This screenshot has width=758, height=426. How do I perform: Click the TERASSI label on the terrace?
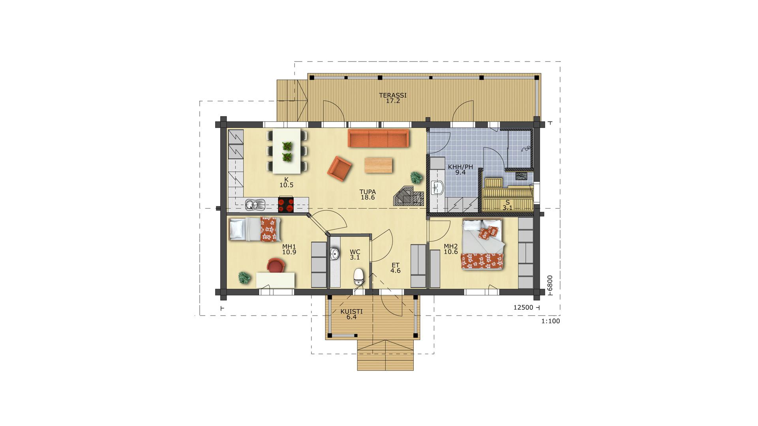point(393,95)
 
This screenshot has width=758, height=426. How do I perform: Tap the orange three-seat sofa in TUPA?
point(379,138)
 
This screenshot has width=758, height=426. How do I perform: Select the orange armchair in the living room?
point(340,168)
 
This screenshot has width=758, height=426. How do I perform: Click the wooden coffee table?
point(379,165)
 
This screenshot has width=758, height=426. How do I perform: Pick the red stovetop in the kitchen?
point(286,204)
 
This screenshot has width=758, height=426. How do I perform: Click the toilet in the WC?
point(358,277)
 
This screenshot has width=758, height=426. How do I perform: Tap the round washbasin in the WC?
point(335,254)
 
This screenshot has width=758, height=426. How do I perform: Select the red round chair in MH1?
point(276,265)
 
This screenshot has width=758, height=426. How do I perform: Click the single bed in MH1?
point(255,229)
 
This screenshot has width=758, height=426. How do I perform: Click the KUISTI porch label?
point(351,312)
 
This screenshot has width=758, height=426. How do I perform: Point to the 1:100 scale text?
point(550,321)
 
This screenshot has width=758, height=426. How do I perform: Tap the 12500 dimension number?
point(523,308)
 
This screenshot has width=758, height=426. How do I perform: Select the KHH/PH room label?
point(460,167)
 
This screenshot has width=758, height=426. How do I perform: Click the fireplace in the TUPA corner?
point(409,196)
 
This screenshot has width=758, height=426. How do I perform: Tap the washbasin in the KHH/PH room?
point(437,188)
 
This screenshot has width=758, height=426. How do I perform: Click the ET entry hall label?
point(396,265)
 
